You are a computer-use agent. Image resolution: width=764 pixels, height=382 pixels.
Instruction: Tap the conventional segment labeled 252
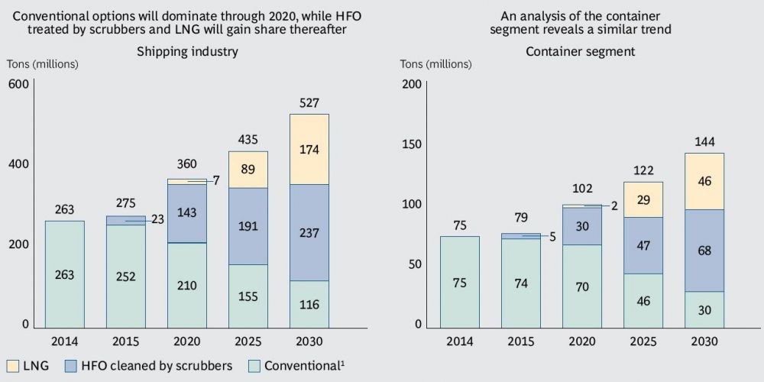(125, 277)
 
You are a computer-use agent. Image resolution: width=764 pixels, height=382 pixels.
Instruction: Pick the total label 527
(309, 103)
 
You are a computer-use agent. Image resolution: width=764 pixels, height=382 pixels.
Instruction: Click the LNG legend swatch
(13, 366)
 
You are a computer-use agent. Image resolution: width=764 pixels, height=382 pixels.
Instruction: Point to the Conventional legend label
(304, 366)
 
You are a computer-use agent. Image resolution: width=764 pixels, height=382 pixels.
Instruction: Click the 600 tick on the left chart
(18, 84)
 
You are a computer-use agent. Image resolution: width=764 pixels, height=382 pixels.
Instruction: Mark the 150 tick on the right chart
(411, 144)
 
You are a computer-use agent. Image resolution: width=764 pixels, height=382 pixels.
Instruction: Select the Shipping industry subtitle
(187, 52)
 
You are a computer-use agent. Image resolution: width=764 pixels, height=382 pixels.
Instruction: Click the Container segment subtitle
(581, 52)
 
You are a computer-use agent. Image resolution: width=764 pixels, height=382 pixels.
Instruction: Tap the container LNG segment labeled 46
(704, 181)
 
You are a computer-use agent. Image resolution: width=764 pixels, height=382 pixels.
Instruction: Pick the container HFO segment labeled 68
(704, 251)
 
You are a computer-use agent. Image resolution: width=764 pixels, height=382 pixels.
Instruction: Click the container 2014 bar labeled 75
(459, 282)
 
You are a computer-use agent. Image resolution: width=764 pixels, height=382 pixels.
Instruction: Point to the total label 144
(704, 141)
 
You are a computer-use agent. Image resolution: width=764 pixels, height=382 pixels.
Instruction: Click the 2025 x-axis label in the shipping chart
(248, 342)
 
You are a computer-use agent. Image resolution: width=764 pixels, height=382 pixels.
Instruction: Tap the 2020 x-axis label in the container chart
(581, 342)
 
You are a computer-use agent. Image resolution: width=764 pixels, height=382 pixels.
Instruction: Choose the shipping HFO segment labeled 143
(186, 213)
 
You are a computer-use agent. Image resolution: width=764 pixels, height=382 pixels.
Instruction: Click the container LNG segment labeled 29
(643, 199)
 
